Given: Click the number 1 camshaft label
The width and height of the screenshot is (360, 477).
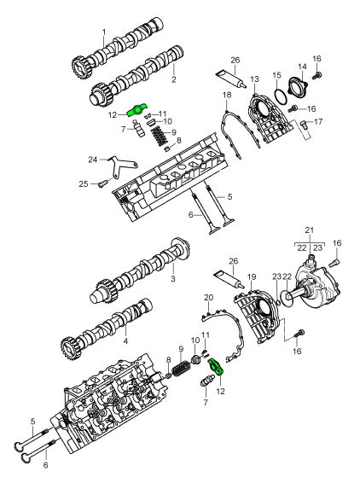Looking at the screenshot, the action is [104, 32].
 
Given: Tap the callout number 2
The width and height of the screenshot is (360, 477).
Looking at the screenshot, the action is [174, 79].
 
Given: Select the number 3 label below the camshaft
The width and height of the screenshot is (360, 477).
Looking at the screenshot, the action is [173, 278].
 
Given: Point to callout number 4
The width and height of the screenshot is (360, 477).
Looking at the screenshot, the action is [125, 341].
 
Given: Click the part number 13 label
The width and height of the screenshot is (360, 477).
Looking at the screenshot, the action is [255, 79].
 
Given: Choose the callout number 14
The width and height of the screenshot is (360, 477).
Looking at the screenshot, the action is [302, 67].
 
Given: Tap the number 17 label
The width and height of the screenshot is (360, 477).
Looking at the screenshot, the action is [318, 122].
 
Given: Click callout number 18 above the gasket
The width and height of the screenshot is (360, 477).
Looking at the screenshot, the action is [227, 95].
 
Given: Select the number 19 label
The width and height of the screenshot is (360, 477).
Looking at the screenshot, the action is [252, 276].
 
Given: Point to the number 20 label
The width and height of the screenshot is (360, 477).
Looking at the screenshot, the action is [209, 297].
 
